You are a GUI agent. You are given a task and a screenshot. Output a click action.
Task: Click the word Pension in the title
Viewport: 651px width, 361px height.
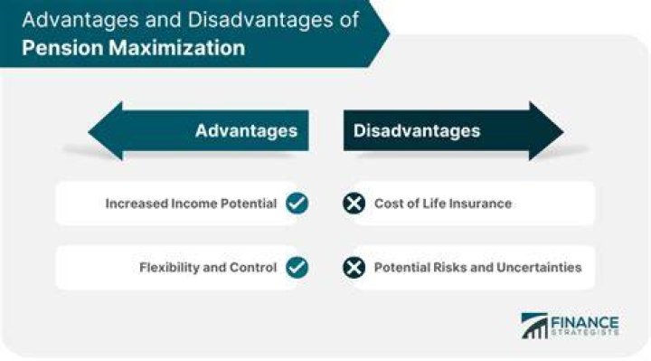(62, 48)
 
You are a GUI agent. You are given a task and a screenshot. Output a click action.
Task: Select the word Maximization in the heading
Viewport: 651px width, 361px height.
(177, 48)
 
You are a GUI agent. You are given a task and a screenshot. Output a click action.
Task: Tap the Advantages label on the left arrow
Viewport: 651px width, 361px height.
(246, 131)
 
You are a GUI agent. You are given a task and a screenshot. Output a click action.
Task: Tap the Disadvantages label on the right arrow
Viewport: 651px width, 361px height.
(417, 131)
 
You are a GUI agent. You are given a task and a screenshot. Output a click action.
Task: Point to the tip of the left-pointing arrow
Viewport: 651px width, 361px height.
(89, 132)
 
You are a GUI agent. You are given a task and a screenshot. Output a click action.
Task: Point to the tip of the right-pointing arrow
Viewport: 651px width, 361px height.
(563, 132)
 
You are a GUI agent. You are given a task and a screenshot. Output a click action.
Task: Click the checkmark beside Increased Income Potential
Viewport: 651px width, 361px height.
(297, 204)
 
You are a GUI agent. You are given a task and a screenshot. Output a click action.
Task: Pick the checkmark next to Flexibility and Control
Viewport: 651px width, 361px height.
(297, 267)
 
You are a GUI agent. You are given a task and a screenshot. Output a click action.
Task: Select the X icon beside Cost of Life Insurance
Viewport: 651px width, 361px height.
(354, 204)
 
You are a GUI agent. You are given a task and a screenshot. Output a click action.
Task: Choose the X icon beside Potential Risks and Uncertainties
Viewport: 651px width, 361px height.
(354, 267)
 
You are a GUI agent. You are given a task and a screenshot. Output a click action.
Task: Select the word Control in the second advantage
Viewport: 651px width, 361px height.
(253, 268)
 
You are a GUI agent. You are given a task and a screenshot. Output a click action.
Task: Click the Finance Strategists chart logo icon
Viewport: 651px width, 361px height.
(534, 326)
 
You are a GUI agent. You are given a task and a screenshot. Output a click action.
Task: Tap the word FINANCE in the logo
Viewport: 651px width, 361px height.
(585, 323)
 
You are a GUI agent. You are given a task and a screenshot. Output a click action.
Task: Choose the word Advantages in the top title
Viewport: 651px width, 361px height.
(79, 20)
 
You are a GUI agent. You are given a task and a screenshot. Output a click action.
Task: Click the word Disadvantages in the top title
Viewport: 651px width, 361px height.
(259, 20)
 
